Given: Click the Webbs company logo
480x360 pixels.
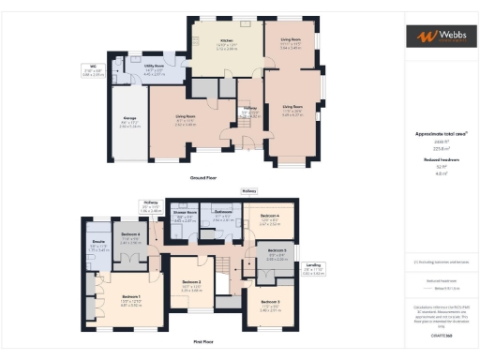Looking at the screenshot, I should click(438, 37).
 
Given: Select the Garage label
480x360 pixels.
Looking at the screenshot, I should click(130, 122).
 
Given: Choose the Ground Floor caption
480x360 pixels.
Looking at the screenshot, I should click(203, 176).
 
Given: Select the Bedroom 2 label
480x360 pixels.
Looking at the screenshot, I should click(190, 282).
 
